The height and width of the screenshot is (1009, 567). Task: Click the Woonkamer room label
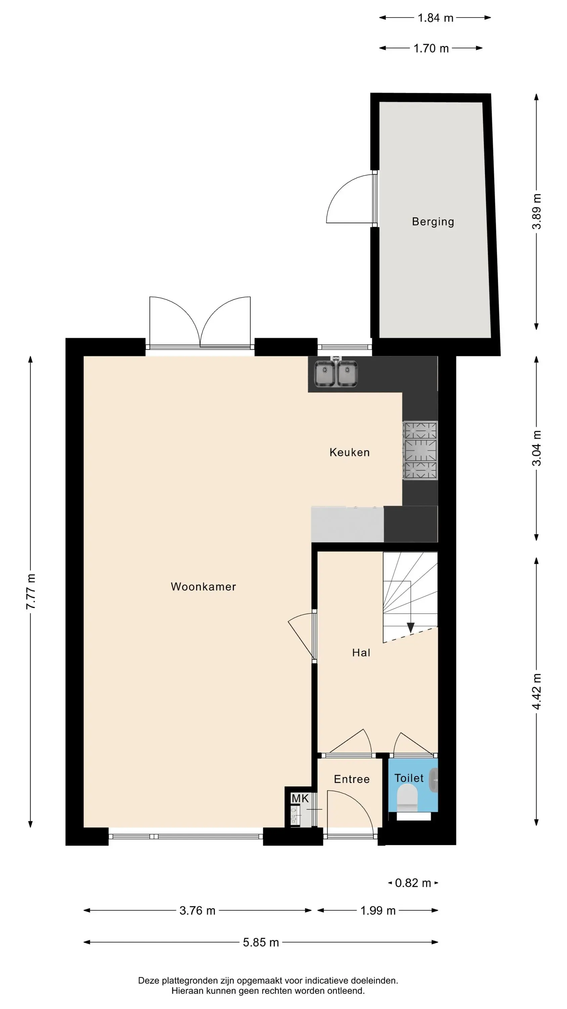204,587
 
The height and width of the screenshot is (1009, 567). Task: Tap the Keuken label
349,452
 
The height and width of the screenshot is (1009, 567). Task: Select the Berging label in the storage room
433,222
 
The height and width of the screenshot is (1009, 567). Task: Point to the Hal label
361,652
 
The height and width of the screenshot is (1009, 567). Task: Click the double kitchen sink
336,373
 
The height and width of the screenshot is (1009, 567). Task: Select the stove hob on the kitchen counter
420,450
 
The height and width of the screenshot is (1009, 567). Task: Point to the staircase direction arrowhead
410,628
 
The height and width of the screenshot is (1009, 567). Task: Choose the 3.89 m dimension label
537,211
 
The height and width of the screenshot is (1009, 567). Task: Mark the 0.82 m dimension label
413,883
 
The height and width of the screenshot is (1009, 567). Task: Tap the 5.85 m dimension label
261,942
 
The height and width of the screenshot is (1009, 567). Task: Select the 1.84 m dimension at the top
435,17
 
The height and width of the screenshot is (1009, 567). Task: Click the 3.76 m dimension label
197,910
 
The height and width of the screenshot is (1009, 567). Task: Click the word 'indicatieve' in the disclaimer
327,978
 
